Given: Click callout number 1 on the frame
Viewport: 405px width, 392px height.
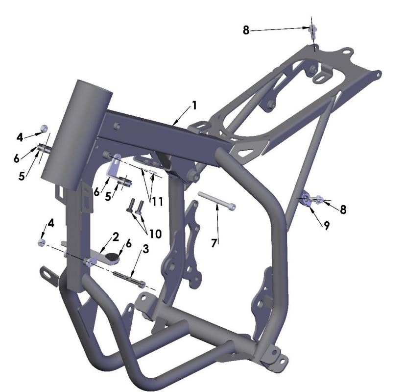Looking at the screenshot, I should click(x=194, y=105).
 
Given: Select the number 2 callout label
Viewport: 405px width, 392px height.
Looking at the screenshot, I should click(x=115, y=237).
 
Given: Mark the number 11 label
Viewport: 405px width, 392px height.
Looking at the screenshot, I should click(x=156, y=201).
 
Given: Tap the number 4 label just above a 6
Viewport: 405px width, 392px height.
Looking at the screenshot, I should click(x=20, y=137).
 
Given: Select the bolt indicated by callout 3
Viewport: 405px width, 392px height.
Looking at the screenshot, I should click(x=129, y=278).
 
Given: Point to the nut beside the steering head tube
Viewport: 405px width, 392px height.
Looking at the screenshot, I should click(x=44, y=129).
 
